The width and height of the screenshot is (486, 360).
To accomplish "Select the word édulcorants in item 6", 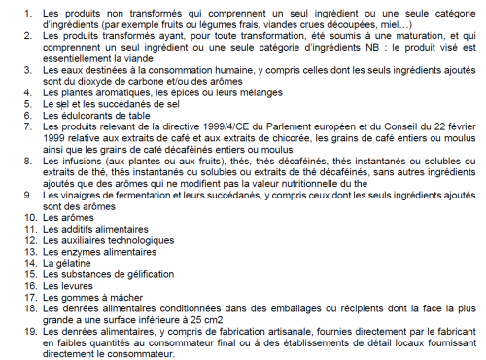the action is [72, 118].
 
